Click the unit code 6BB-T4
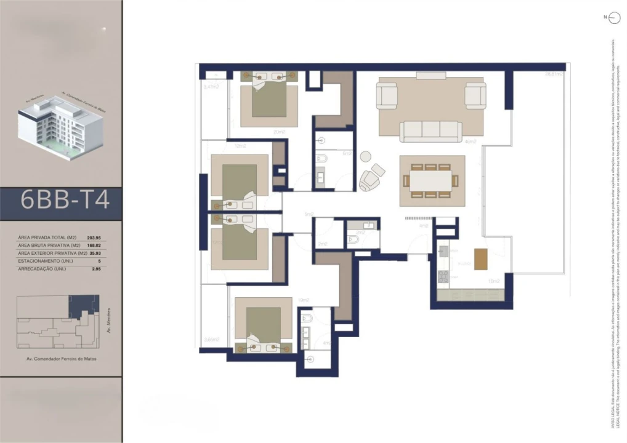(65, 200)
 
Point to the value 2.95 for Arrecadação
(95, 269)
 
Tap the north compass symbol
(613, 18)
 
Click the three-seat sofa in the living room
(431, 131)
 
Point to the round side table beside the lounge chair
(366, 158)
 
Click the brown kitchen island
(480, 258)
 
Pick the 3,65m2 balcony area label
(211, 340)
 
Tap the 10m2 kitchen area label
(493, 281)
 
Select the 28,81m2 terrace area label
(553, 74)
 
